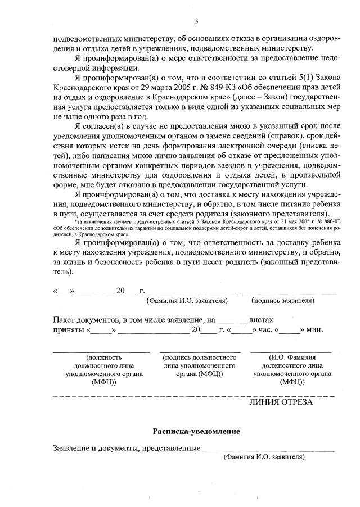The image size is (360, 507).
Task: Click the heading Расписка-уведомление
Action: click(x=196, y=431)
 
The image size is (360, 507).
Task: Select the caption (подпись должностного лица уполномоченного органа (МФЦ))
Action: click(x=200, y=365)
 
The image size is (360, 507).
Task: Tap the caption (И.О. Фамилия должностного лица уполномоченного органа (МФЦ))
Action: click(x=292, y=369)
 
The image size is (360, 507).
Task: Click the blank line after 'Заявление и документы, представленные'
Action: click(x=268, y=450)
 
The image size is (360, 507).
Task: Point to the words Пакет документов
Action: click(x=84, y=319)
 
